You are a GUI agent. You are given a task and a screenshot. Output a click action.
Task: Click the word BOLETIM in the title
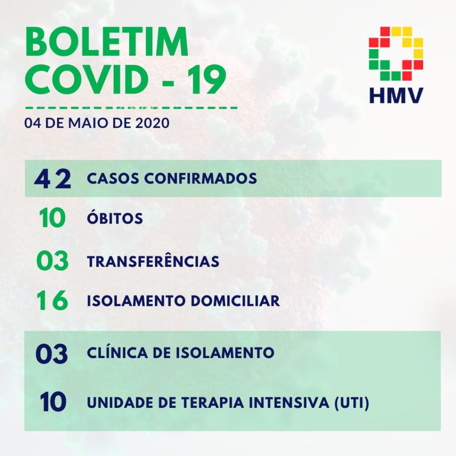pyautogui.click(x=107, y=42)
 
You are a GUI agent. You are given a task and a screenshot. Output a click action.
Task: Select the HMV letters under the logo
pyautogui.click(x=396, y=95)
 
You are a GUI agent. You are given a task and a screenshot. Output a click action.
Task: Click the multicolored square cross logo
pyautogui.click(x=396, y=53)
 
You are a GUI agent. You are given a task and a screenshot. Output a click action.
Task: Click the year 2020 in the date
pyautogui.click(x=152, y=123)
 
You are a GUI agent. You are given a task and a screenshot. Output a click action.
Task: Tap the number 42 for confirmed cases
pyautogui.click(x=53, y=179)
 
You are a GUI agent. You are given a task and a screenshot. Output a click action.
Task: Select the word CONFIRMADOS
pyautogui.click(x=201, y=178)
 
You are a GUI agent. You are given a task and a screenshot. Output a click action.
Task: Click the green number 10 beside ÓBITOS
pyautogui.click(x=53, y=218)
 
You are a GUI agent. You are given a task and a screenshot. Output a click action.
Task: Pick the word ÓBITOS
pyautogui.click(x=115, y=217)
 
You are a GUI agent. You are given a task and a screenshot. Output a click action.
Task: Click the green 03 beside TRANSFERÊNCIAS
pyautogui.click(x=53, y=261)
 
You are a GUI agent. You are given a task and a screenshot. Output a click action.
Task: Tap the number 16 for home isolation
pyautogui.click(x=53, y=301)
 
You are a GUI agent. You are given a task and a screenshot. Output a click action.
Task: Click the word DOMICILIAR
pyautogui.click(x=235, y=301)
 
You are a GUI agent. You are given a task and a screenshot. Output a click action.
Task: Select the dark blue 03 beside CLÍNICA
pyautogui.click(x=52, y=354)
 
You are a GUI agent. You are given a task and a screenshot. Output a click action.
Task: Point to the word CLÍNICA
pyautogui.click(x=118, y=352)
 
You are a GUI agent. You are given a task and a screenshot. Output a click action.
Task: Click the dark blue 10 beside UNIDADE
pyautogui.click(x=53, y=402)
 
